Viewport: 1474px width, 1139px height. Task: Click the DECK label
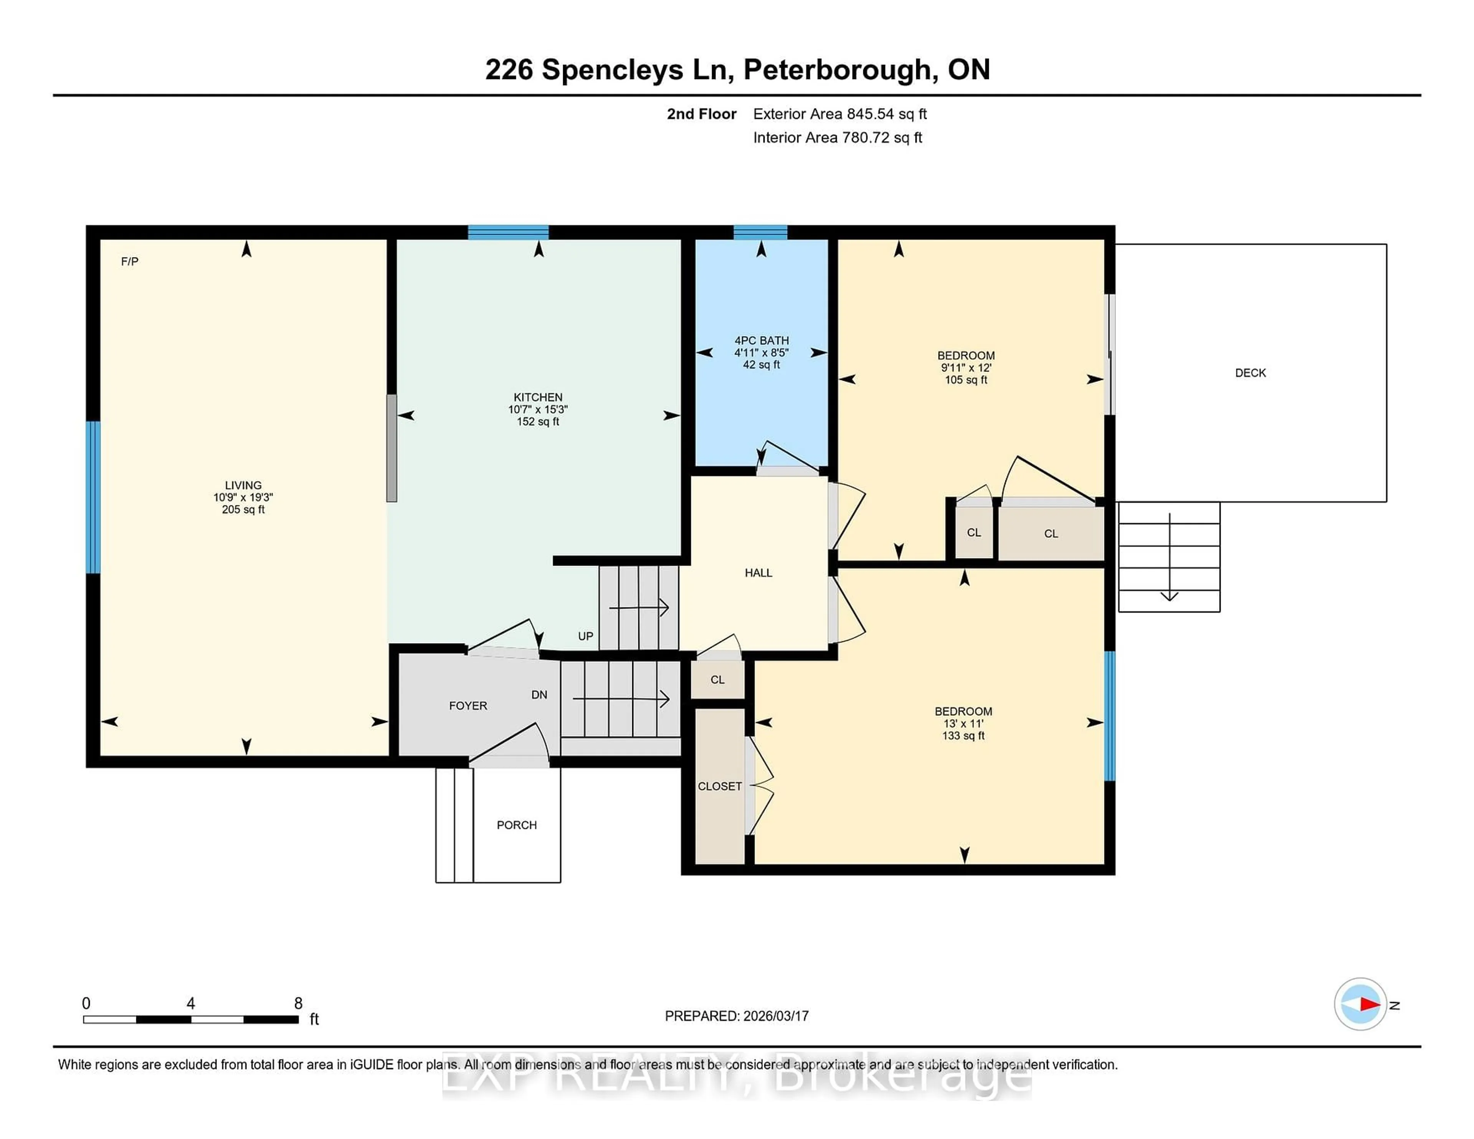click(x=1250, y=373)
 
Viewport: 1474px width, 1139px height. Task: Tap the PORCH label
click(x=516, y=825)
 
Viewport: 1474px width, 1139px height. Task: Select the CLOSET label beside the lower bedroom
click(x=719, y=786)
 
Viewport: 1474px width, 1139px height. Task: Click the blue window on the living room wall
click(x=94, y=497)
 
